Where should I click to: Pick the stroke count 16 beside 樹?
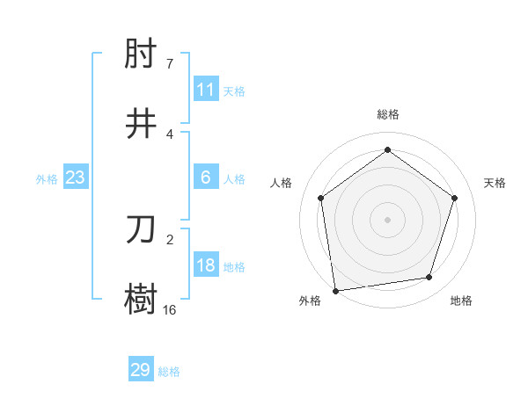(x=169, y=309)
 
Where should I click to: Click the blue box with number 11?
(x=206, y=90)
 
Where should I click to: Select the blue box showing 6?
(x=206, y=178)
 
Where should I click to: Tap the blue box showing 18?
(x=206, y=265)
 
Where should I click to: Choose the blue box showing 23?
(x=76, y=178)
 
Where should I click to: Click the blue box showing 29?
(x=141, y=370)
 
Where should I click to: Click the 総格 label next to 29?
(x=169, y=372)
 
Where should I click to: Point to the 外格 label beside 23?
(x=47, y=179)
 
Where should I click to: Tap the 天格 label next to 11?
(x=234, y=91)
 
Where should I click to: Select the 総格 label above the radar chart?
(x=387, y=115)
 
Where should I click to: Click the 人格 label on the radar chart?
(x=282, y=183)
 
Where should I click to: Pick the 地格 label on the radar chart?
(x=461, y=301)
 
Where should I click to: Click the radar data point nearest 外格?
(x=335, y=290)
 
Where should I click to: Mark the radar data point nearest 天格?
(x=455, y=198)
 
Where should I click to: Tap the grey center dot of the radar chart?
(x=387, y=219)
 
